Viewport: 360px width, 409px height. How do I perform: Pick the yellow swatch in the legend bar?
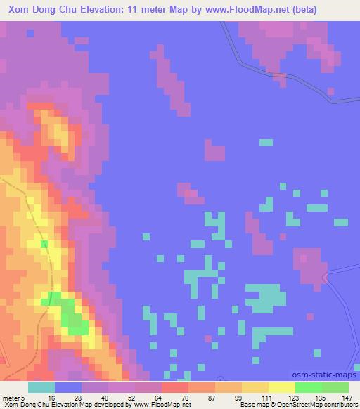[x=281, y=387]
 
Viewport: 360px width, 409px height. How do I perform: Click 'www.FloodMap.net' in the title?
[x=236, y=10]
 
